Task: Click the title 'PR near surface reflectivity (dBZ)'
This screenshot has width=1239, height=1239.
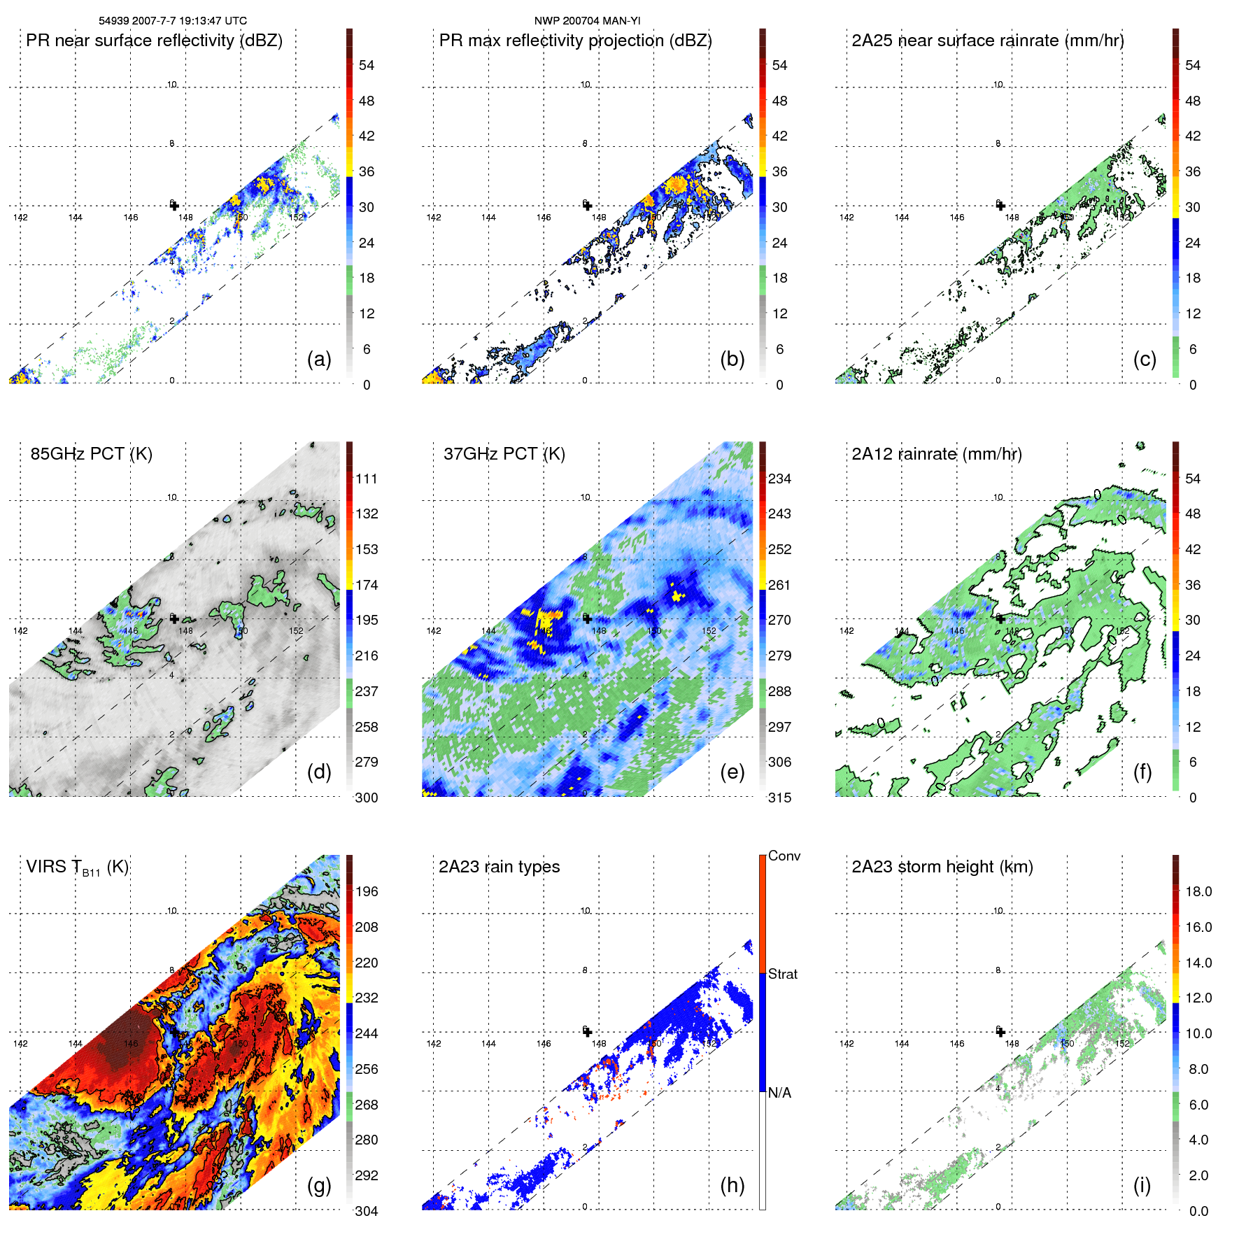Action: (x=154, y=41)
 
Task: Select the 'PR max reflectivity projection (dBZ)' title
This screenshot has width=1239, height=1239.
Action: (x=575, y=41)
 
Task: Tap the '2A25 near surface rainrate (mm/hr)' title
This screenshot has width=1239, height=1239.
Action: (x=988, y=41)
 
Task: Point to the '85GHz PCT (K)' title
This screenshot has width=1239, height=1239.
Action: (x=91, y=454)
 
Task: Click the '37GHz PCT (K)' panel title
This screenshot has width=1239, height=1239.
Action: (x=504, y=454)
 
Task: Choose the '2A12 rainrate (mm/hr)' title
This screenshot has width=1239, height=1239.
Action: (x=937, y=454)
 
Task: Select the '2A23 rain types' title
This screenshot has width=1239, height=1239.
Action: (x=499, y=867)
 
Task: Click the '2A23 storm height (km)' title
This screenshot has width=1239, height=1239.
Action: (x=942, y=867)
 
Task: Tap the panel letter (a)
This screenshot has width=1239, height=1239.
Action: (x=319, y=359)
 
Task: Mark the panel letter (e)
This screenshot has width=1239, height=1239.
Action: (x=732, y=772)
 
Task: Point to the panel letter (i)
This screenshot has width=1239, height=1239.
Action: (x=1142, y=1185)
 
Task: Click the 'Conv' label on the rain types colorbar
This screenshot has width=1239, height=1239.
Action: (x=784, y=856)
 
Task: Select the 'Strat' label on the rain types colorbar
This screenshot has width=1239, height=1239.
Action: (x=783, y=974)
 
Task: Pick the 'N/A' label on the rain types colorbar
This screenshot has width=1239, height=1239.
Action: (x=779, y=1093)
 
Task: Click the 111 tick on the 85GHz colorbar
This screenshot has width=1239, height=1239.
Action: (x=367, y=479)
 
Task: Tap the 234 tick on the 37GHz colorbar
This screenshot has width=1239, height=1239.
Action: (x=779, y=479)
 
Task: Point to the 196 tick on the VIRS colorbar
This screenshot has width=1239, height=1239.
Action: (x=367, y=891)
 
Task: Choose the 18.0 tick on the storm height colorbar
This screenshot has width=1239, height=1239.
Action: (x=1198, y=891)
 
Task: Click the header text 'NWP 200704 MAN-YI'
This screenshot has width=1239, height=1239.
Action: (x=587, y=21)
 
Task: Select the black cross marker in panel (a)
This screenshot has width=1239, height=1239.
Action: (x=174, y=205)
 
